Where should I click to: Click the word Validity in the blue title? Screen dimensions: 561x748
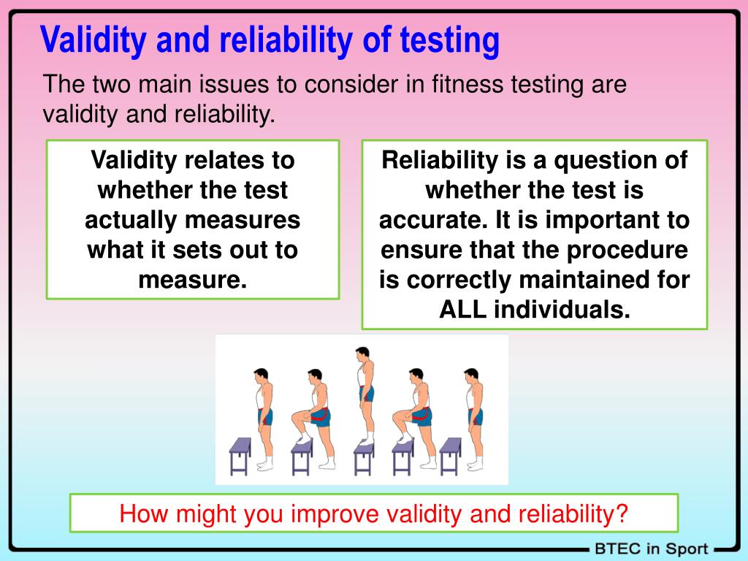(x=94, y=41)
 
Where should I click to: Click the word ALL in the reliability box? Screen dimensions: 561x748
(x=463, y=309)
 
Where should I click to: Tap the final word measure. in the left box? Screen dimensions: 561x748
(x=193, y=279)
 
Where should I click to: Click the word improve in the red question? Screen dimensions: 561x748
(x=336, y=514)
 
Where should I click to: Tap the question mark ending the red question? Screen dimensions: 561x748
(x=622, y=514)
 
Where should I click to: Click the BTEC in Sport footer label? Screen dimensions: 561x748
(x=651, y=549)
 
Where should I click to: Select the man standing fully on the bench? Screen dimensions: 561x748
(x=363, y=394)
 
